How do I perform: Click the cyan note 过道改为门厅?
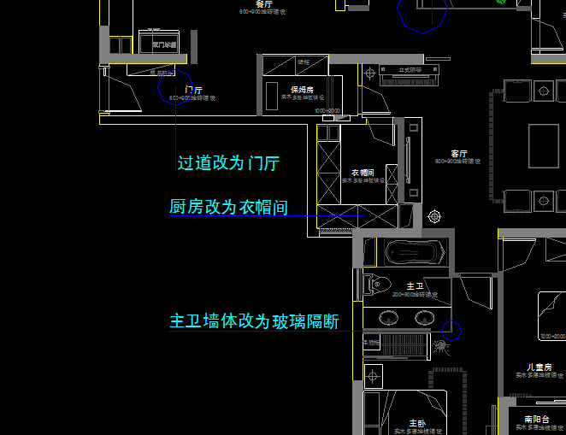coord(228,163)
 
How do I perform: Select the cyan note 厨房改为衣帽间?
coord(228,207)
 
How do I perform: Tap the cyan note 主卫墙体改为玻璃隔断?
coord(254,321)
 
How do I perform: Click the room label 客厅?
coord(458,155)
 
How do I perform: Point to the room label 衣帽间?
coord(362,173)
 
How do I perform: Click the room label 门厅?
coord(193,90)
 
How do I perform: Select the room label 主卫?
coord(415,286)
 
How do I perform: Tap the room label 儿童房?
coord(540,367)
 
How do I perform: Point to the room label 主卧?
coord(416,423)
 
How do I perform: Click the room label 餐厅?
coord(251,4)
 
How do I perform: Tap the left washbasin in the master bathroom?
coord(388,318)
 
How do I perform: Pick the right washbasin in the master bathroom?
coord(424,318)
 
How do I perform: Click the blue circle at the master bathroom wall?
coord(451,331)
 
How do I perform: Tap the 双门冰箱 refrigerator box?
coord(164,44)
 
